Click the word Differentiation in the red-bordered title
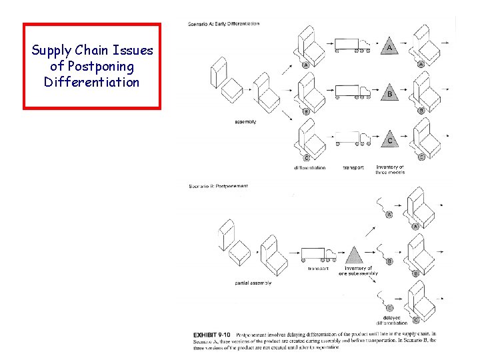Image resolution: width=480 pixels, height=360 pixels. coord(91,82)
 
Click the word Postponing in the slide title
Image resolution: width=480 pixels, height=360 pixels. coord(91,67)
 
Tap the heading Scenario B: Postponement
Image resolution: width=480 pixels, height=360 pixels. coord(218,186)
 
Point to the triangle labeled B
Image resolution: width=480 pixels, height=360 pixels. coord(389,93)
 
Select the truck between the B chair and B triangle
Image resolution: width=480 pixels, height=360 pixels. coord(351,92)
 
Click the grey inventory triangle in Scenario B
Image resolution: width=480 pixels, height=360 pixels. coord(355,255)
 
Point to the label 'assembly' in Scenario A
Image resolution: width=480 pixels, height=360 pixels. coord(245,122)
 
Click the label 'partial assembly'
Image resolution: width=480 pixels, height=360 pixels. coord(253,283)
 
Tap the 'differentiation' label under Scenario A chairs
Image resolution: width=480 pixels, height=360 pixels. coord(309,167)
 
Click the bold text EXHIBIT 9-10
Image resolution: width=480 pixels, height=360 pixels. coord(210,334)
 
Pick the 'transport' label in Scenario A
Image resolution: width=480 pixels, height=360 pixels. coord(353,167)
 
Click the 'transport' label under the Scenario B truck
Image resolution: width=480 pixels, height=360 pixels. coord(318,269)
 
